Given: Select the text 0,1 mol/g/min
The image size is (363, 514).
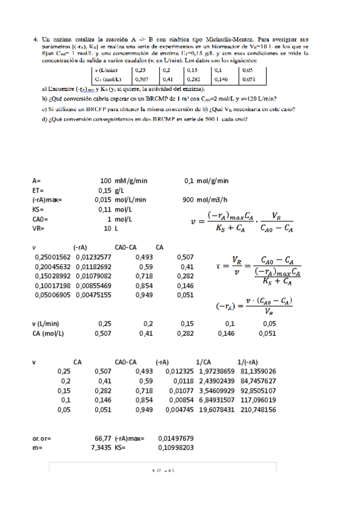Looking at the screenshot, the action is pyautogui.click(x=207, y=181).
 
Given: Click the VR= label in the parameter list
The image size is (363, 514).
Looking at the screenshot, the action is pyautogui.click(x=39, y=229).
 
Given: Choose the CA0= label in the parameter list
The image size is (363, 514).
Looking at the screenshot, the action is pyautogui.click(x=41, y=219).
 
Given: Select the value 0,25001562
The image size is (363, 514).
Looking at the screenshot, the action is pyautogui.click(x=53, y=257).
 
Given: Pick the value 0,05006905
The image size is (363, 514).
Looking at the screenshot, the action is pyautogui.click(x=53, y=296).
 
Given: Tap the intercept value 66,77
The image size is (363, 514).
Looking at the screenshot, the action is pyautogui.click(x=102, y=438).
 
